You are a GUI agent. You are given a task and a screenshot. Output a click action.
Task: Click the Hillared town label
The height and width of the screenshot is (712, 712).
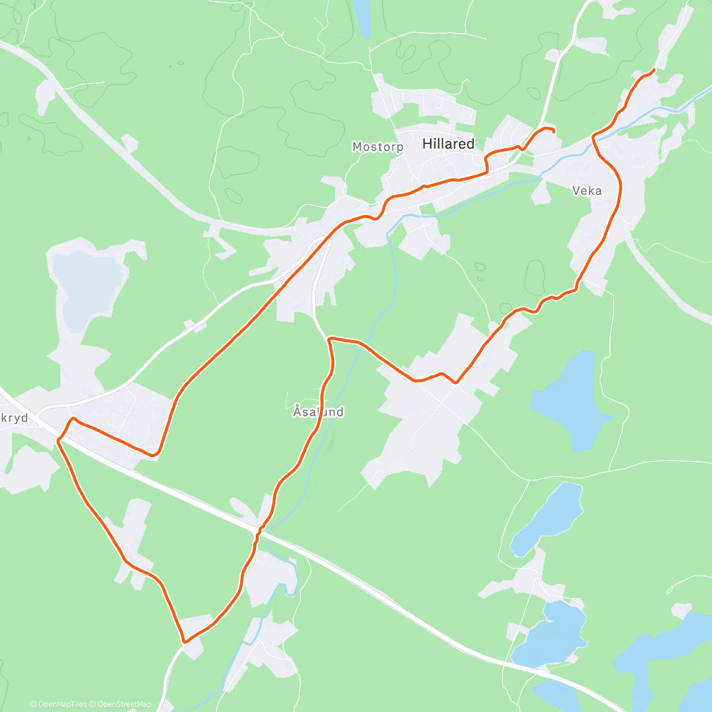(x=448, y=144)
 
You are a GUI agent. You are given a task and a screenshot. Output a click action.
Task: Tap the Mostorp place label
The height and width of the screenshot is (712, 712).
(x=377, y=147)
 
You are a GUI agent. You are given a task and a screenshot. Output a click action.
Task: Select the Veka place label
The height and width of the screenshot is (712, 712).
(x=587, y=190)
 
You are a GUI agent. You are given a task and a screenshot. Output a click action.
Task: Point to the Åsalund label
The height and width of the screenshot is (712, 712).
(x=318, y=411)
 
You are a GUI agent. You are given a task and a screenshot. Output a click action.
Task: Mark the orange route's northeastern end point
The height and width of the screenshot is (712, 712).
(x=654, y=70)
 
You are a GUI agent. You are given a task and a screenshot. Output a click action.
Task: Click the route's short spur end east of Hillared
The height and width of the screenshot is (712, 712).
(x=554, y=131)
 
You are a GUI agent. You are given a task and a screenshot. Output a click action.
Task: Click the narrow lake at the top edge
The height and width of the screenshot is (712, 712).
(x=362, y=18)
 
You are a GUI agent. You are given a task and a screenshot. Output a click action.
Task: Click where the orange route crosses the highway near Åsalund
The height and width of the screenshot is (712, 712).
(x=259, y=529)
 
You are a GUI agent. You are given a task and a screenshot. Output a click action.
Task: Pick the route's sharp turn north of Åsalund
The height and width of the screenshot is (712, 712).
(x=329, y=339)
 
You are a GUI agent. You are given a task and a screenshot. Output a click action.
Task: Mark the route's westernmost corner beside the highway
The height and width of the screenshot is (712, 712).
(x=59, y=439)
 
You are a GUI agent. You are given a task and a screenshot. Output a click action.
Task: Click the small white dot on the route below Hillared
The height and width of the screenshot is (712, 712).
(x=424, y=187)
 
